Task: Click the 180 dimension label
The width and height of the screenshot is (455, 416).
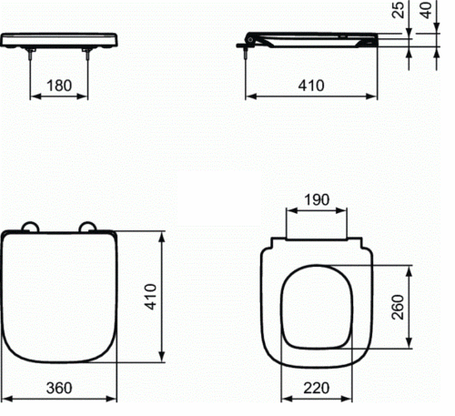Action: tap(59, 86)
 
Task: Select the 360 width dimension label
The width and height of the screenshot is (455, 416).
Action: tap(59, 388)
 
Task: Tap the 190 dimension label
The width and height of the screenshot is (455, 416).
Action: tap(317, 200)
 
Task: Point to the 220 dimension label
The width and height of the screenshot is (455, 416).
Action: tap(317, 388)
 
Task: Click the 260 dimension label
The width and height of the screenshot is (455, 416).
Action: tap(398, 307)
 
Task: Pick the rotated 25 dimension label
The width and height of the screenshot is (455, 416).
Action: tap(399, 10)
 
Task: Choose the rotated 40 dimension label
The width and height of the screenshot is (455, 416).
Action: tap(427, 10)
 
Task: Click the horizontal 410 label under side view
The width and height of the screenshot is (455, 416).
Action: tap(311, 86)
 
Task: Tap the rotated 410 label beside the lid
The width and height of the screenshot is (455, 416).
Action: tap(150, 297)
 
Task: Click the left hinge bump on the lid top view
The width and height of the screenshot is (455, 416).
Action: tap(30, 227)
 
